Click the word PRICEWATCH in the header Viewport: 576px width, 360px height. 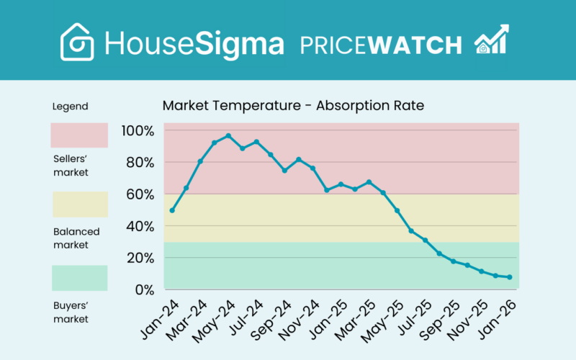coord(380,45)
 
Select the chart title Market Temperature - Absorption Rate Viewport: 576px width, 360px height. coord(293,106)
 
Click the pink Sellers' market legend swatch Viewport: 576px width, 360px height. coord(78,135)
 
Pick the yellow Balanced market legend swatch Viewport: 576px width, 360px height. coord(78,204)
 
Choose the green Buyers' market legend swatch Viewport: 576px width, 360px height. coord(78,278)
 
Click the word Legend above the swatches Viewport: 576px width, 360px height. coord(70,107)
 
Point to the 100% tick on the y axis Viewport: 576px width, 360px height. coord(138,131)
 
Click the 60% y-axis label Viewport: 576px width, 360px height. coord(140,194)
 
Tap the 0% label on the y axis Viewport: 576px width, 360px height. coord(144,289)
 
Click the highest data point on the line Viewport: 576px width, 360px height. coord(228,135)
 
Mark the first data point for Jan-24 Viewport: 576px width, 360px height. coord(172,210)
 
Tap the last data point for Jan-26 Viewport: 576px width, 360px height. coord(509,277)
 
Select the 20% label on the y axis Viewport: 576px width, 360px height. coord(140,258)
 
